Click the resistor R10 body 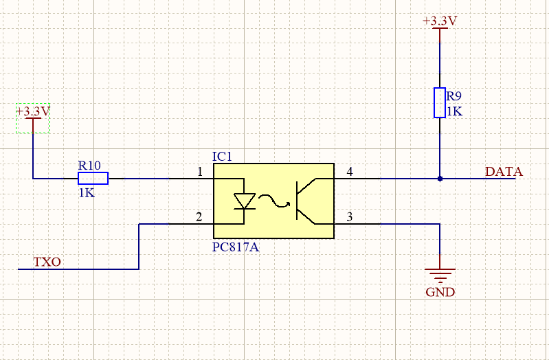click(x=92, y=179)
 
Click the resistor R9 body click(x=440, y=102)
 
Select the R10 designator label click(x=89, y=165)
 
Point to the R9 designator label click(x=454, y=97)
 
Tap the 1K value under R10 click(x=87, y=193)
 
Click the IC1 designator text click(x=223, y=157)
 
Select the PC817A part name click(x=236, y=246)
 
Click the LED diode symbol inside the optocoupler click(x=244, y=201)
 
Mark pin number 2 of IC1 click(x=199, y=217)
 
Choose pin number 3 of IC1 click(x=350, y=217)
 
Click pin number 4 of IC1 click(x=350, y=172)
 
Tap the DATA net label click(x=504, y=172)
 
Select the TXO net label click(x=47, y=262)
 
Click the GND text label click(x=440, y=292)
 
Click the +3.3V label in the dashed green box click(x=33, y=111)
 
